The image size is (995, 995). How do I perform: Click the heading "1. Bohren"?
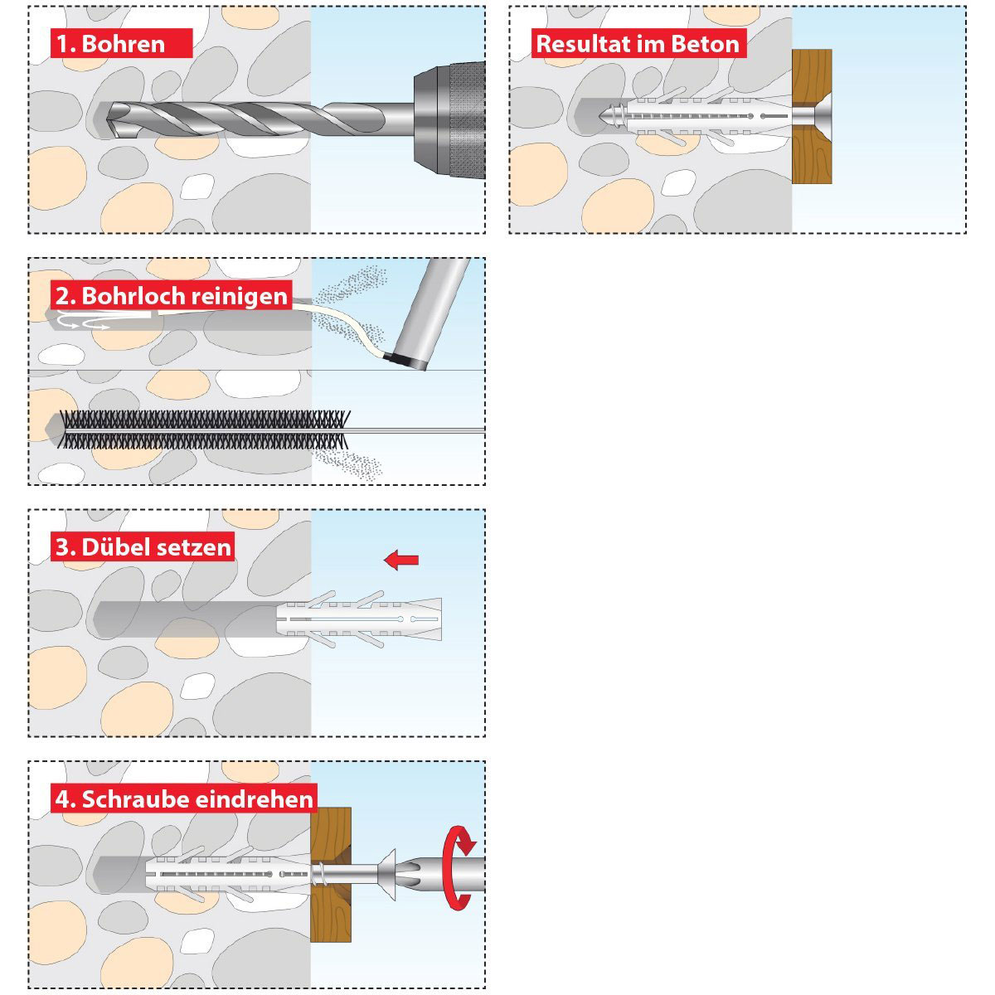tap(123, 43)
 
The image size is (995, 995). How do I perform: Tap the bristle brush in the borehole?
tap(203, 430)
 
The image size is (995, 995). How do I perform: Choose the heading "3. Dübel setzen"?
tap(143, 546)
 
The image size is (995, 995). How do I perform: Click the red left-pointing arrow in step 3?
tap(401, 561)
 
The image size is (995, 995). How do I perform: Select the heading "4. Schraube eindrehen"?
tap(184, 798)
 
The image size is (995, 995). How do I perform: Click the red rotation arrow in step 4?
tap(459, 867)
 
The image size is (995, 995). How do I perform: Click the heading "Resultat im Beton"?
tap(637, 43)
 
